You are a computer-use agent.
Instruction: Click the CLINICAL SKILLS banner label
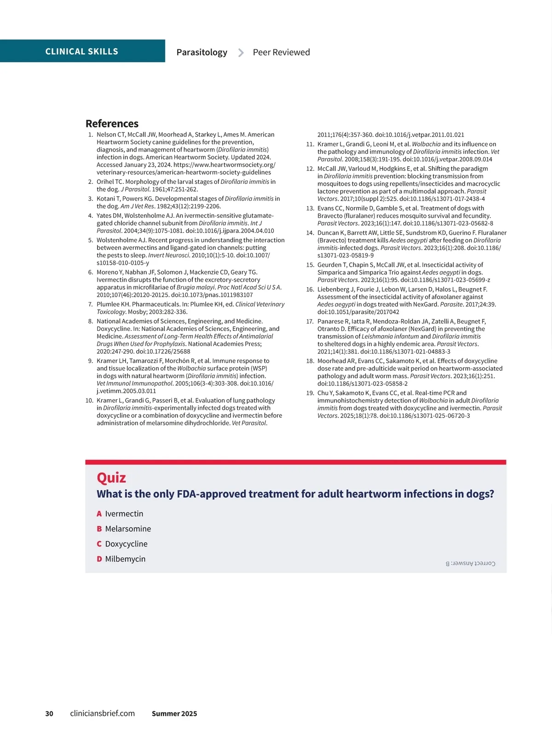tap(81, 51)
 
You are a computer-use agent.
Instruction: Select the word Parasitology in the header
tap(201, 52)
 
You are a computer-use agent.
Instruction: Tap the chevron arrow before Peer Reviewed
tap(241, 53)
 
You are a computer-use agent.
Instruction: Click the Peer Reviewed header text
tap(281, 52)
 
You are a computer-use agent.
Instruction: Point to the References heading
tap(112, 124)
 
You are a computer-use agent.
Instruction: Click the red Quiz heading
tap(111, 478)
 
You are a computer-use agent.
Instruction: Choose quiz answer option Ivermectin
tap(124, 514)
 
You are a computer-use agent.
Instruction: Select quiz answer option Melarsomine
tap(128, 529)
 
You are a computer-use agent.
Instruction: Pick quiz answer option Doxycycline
tap(126, 544)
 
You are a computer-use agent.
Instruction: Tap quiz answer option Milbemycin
tap(125, 559)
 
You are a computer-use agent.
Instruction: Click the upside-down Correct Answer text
tap(470, 563)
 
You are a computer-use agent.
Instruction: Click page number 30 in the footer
tap(49, 714)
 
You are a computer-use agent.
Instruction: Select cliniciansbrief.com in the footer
tap(102, 714)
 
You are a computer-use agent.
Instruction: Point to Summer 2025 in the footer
tap(174, 714)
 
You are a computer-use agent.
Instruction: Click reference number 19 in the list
tap(310, 393)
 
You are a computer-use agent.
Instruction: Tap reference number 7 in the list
tap(91, 304)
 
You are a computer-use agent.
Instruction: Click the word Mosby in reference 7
tap(137, 312)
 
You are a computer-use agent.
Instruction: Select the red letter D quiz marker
tap(99, 559)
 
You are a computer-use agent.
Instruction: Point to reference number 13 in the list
tap(310, 208)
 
